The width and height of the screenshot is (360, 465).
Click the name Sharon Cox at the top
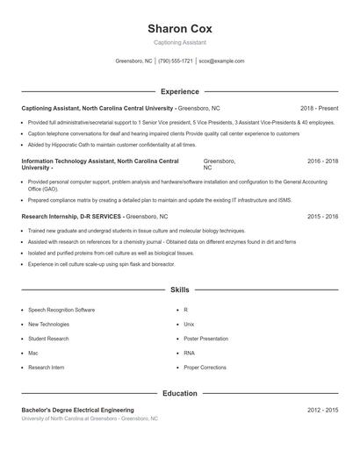pyautogui.click(x=179, y=29)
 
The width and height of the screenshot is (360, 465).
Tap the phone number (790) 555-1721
pyautogui.click(x=176, y=61)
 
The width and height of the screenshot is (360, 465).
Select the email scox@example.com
pyautogui.click(x=221, y=61)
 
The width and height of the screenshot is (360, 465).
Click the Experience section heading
pyautogui.click(x=179, y=91)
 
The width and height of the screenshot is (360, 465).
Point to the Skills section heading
pyautogui.click(x=179, y=290)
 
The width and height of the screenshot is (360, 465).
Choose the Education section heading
pyautogui.click(x=179, y=394)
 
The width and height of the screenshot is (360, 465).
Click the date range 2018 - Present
pyautogui.click(x=319, y=108)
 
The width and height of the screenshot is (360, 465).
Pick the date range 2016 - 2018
pyautogui.click(x=322, y=161)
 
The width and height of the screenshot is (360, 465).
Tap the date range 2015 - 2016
pyautogui.click(x=322, y=216)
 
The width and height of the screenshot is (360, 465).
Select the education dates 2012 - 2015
pyautogui.click(x=322, y=410)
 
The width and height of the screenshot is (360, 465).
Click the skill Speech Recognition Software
pyautogui.click(x=61, y=310)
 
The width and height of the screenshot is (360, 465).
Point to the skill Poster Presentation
pyautogui.click(x=205, y=339)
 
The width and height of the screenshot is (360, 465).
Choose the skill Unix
pyautogui.click(x=188, y=324)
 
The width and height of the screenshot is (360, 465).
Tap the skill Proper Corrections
pyautogui.click(x=205, y=368)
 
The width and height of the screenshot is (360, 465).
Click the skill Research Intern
pyautogui.click(x=46, y=368)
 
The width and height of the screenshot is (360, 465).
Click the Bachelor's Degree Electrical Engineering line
pyautogui.click(x=77, y=410)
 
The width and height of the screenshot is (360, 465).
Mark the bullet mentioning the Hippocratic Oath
pyautogui.click(x=112, y=145)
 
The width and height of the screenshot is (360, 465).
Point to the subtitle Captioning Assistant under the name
pyautogui.click(x=179, y=43)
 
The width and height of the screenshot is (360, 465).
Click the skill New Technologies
pyautogui.click(x=48, y=324)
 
